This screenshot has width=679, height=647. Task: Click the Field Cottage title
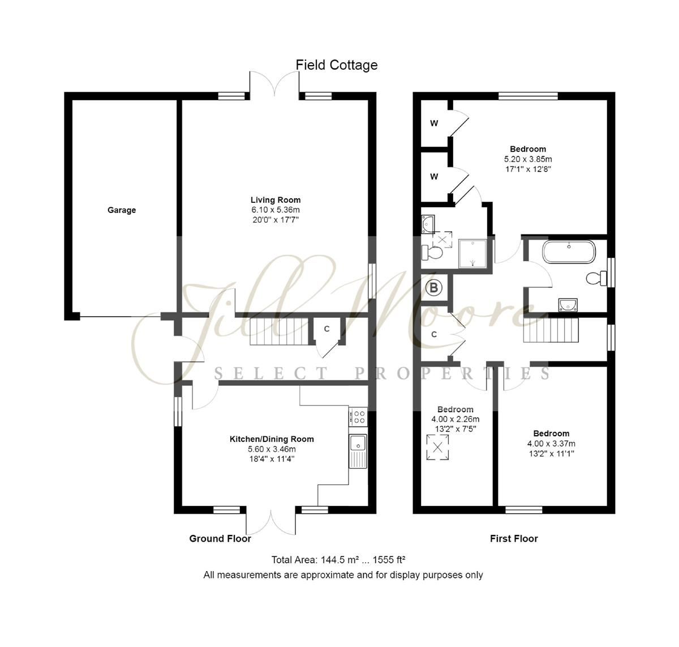point(337,65)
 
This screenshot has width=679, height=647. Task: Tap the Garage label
point(122,210)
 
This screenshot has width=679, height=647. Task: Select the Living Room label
point(276,200)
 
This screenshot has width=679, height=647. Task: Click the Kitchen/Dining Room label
point(272,439)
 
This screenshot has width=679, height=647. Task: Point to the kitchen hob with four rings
point(358,417)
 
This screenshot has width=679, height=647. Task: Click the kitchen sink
point(358,451)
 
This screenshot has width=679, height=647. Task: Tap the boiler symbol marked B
point(434,288)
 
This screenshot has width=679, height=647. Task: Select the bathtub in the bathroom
point(569,252)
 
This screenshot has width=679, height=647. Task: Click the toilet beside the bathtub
point(596,278)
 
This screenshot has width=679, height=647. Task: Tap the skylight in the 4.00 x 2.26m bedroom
point(437,447)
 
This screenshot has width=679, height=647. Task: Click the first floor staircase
point(551,330)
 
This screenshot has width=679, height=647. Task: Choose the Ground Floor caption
point(220,538)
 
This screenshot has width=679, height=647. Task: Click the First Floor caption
point(514,538)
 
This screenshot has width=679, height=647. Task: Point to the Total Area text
point(338,560)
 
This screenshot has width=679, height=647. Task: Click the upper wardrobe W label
point(434,124)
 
